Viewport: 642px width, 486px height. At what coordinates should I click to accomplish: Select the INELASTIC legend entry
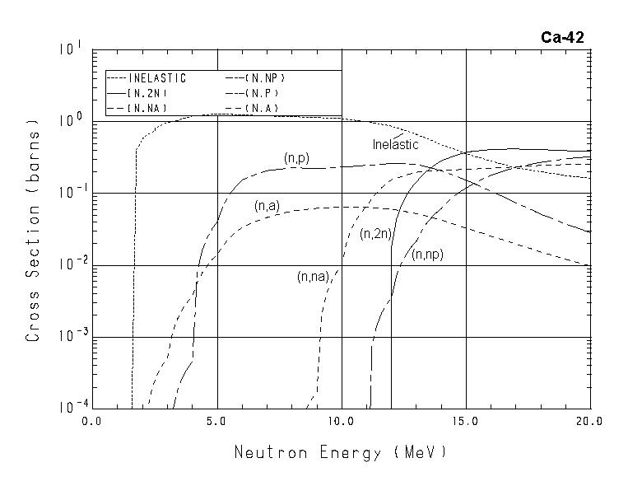(x=157, y=78)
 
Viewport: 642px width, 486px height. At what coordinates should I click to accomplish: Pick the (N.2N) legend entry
(x=148, y=94)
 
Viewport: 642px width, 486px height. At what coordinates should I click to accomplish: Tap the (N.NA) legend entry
(x=148, y=109)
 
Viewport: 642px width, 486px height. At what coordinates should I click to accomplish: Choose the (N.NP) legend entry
(x=264, y=78)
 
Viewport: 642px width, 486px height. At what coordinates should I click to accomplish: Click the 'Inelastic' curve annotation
(x=395, y=145)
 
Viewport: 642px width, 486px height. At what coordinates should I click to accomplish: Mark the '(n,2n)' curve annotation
(x=375, y=233)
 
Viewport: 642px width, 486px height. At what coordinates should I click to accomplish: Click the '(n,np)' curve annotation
(x=427, y=255)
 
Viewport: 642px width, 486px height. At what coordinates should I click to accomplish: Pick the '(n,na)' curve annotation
(x=314, y=278)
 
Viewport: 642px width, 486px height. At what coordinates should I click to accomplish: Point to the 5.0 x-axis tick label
(x=217, y=422)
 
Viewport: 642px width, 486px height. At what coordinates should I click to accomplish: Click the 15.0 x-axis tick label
(x=466, y=422)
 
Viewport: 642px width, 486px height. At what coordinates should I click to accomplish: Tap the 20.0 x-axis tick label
(x=589, y=422)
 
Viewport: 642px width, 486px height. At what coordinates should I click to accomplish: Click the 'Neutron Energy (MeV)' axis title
(x=341, y=452)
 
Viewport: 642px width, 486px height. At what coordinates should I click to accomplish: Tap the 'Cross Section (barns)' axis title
(x=33, y=230)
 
